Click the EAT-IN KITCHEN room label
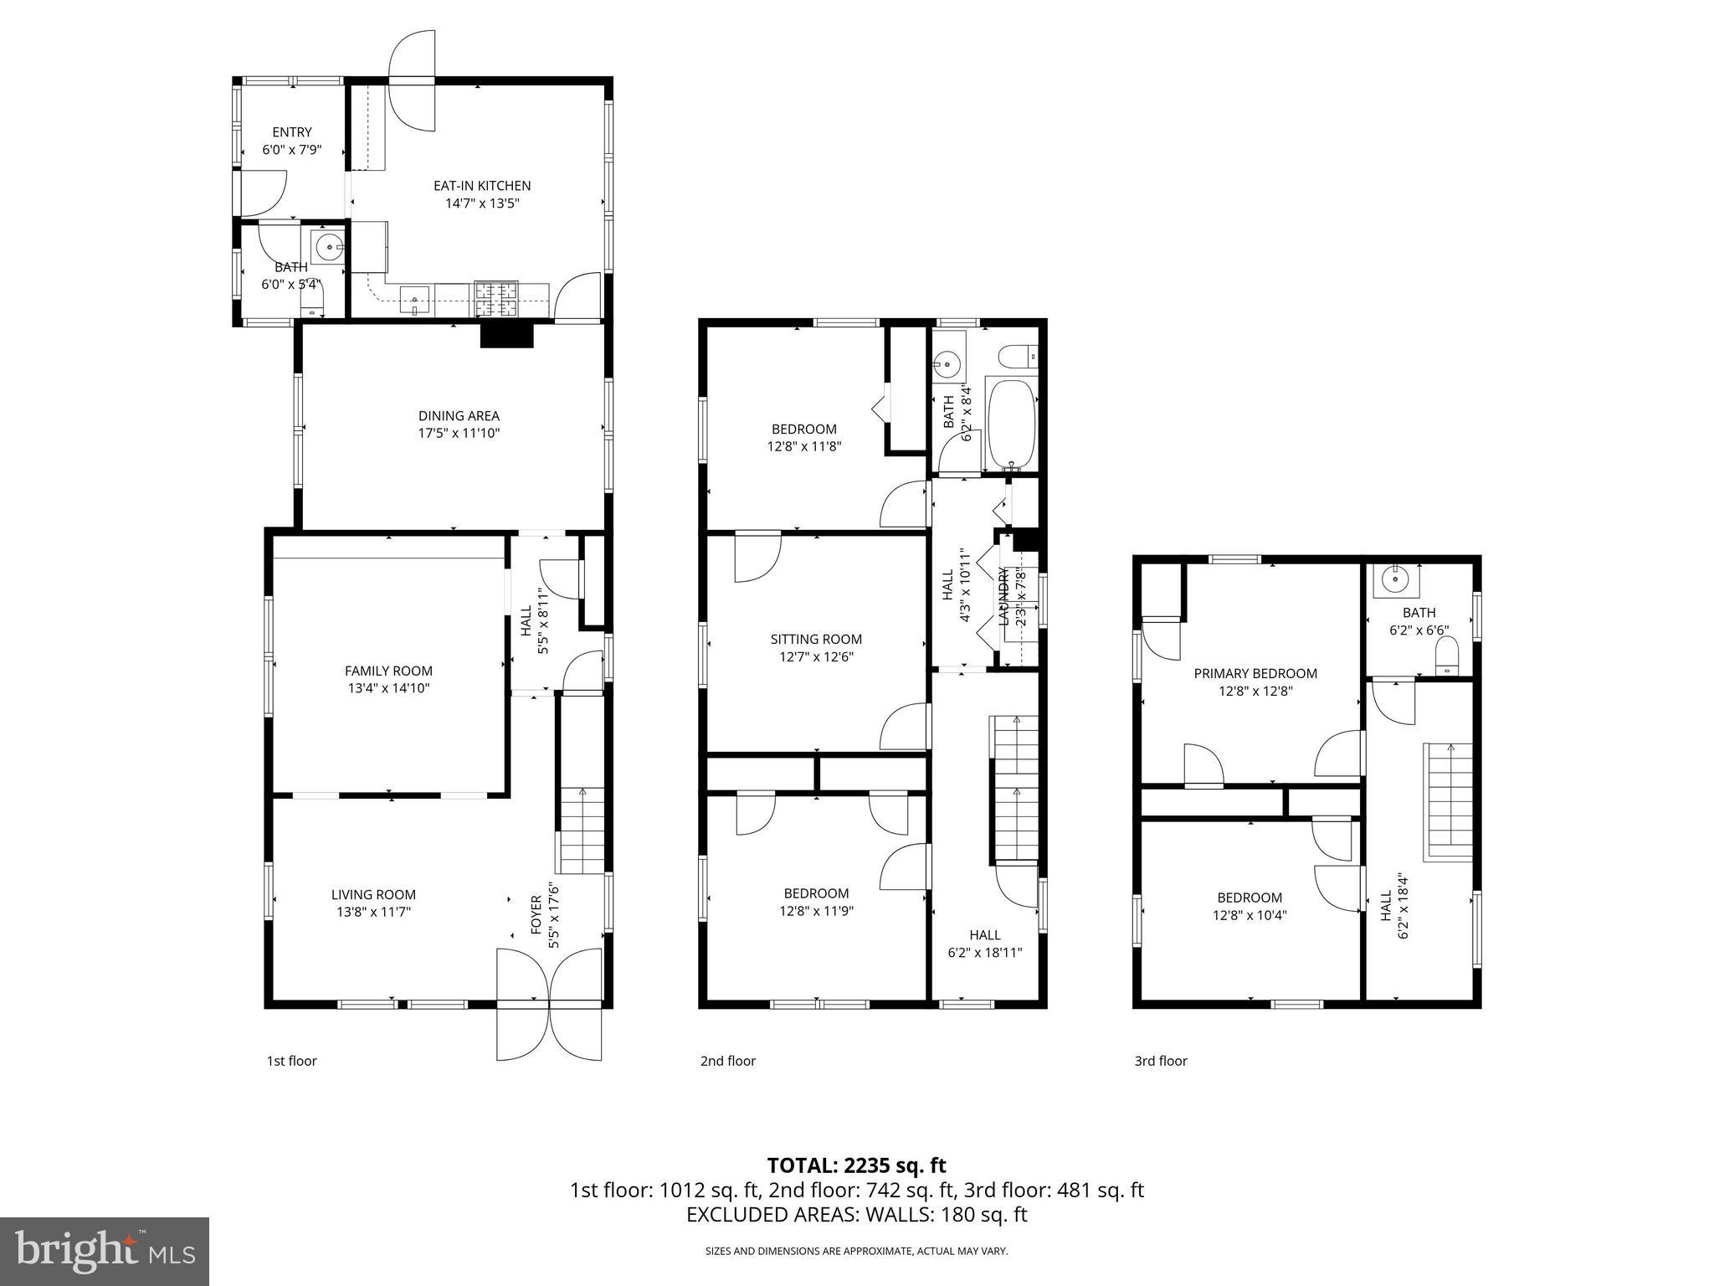tap(481, 186)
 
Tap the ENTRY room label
tap(292, 132)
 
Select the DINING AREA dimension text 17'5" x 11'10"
tap(459, 434)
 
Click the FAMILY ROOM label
tap(388, 671)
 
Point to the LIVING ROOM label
tap(373, 895)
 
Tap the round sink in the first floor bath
tap(329, 247)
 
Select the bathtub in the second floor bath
tap(1011, 425)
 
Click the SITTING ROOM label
tap(816, 640)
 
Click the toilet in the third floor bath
tap(1446, 656)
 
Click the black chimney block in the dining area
tap(506, 335)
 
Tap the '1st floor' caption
tap(291, 1061)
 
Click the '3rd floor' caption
tap(1160, 1061)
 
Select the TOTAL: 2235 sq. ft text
tap(856, 1165)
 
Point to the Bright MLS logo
tap(105, 1251)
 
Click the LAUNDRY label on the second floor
tap(1003, 596)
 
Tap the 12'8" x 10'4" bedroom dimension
tap(1249, 915)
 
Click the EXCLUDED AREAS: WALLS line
tap(856, 1215)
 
